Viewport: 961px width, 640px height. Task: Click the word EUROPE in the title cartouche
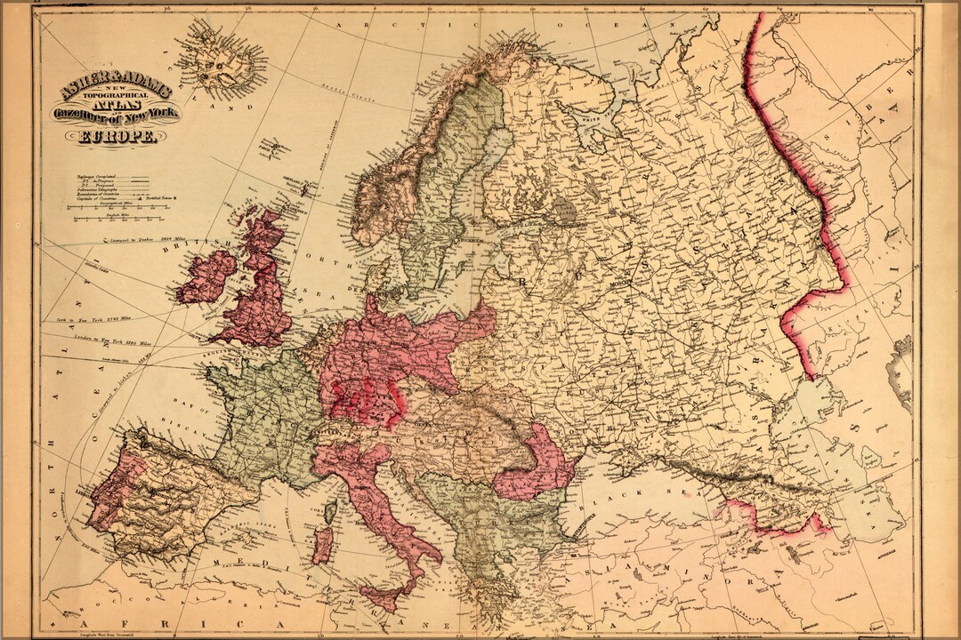pos(118,137)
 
